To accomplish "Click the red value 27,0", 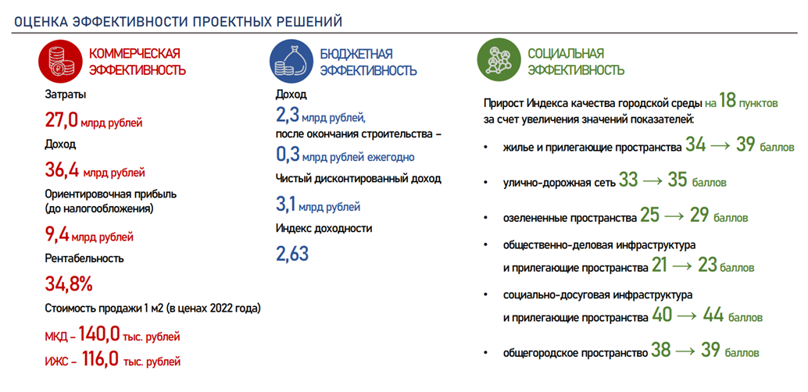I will pos(62,120).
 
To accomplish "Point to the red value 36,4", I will pos(62,170).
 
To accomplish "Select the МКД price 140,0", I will pos(98,335).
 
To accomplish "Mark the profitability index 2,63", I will pos(292,254).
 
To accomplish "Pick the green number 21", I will pos(660,265).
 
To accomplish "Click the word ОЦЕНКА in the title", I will pos(40,21).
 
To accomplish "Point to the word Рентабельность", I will pos(84,258).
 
